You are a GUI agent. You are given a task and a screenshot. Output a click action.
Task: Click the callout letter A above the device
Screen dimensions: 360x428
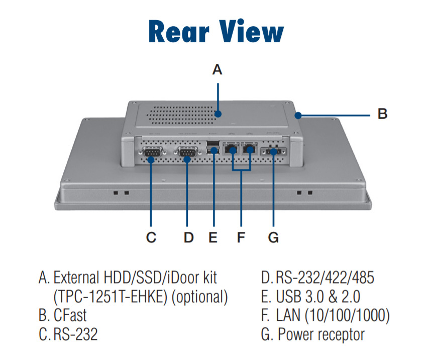click(217, 69)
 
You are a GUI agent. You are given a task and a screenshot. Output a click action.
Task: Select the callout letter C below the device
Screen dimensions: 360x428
click(151, 237)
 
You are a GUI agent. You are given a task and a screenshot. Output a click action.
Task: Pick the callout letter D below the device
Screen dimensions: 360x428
click(188, 237)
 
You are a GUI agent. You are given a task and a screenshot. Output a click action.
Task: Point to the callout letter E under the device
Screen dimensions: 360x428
click(213, 237)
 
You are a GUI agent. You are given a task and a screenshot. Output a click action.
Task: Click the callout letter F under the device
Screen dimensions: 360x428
click(241, 237)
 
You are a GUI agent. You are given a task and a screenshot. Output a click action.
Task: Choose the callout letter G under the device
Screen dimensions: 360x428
click(273, 237)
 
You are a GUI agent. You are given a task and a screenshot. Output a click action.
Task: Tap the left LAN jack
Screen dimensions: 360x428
click(232, 148)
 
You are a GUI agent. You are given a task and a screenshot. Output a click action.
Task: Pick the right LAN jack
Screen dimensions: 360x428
click(250, 148)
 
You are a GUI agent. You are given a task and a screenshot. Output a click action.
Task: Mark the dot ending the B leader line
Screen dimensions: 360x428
click(298, 115)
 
